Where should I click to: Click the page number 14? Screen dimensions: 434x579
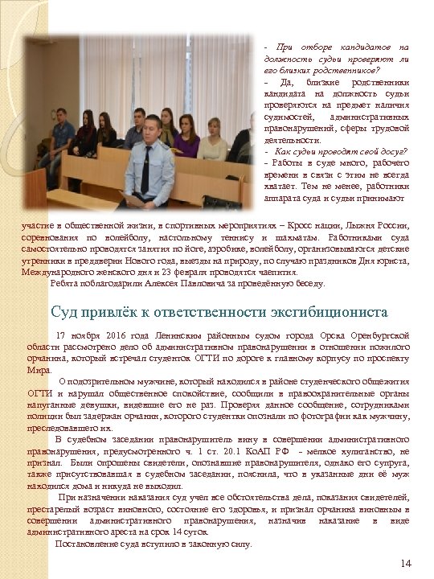pos(405,562)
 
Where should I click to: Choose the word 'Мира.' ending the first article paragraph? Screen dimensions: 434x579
pos(39,369)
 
